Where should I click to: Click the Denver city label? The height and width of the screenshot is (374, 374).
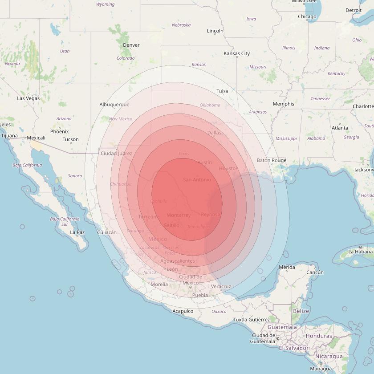point(131,45)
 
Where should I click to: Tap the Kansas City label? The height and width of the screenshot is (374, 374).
point(236,53)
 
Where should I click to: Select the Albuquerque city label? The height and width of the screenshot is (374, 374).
point(114,105)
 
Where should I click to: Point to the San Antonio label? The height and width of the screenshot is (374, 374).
point(196,179)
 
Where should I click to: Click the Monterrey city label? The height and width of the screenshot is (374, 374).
point(178,215)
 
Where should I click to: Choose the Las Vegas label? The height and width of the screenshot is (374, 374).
point(28,98)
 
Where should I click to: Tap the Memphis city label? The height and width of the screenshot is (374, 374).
point(283,104)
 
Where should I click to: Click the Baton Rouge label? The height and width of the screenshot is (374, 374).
point(272,160)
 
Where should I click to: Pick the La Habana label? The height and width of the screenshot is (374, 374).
point(360,252)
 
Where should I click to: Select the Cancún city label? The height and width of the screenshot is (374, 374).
point(315,272)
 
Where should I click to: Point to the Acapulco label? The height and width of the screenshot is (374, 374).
point(183,311)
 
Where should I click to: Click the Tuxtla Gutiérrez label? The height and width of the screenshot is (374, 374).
point(252,320)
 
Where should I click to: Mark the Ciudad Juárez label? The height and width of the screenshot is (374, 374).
point(116,154)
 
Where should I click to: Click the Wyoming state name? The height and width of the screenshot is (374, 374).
point(105,4)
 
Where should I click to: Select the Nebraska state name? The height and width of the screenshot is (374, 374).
point(181,25)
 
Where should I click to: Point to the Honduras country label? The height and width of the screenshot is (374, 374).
point(319,336)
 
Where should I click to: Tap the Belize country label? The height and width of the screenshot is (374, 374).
point(301,311)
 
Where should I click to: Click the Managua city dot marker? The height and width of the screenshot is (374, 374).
point(321,364)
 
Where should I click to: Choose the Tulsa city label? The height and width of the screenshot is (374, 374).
point(222,91)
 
